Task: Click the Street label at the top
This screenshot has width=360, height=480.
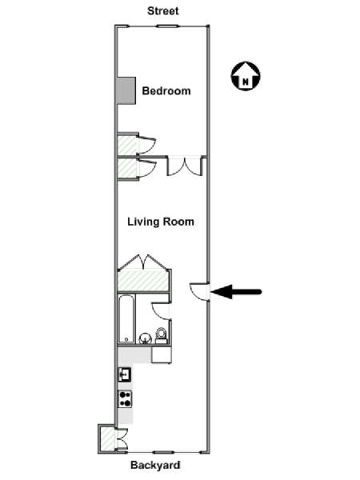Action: [163, 11]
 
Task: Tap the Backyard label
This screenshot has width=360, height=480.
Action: [155, 465]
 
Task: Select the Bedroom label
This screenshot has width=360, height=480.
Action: [166, 91]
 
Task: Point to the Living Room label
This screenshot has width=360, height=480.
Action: [161, 222]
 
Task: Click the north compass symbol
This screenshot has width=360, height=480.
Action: [246, 76]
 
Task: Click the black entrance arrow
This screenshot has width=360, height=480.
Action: [236, 291]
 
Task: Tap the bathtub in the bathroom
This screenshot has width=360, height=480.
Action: [126, 318]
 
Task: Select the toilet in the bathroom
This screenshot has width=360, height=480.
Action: [161, 335]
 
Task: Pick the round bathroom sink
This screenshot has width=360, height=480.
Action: [145, 338]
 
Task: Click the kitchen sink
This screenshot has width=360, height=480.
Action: [125, 374]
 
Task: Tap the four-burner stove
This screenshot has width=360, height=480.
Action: [126, 399]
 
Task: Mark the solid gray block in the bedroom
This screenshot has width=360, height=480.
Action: [126, 90]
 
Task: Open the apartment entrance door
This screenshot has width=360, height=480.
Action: [199, 291]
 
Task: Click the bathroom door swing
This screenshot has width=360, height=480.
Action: [161, 311]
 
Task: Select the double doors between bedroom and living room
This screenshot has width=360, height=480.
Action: [185, 166]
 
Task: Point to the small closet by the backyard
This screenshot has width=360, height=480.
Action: [107, 439]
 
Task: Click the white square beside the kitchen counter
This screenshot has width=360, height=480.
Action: [162, 354]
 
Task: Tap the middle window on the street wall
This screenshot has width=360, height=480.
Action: [167, 26]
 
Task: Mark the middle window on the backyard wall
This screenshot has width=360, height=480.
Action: [163, 452]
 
